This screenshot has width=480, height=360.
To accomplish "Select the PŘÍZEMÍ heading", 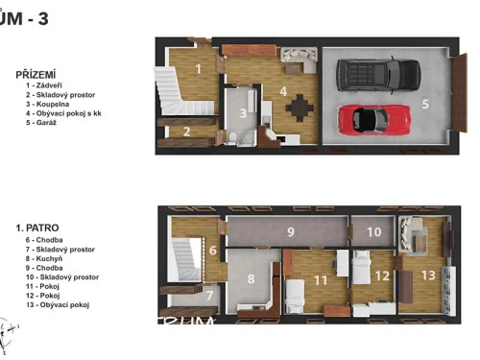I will pos(36,73).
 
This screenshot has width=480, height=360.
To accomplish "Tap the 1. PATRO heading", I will pos(37,228).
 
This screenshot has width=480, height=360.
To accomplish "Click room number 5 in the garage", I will pos(424,103).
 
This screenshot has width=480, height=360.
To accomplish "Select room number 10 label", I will pos(373,231).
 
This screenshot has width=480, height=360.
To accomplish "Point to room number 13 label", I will pos(427,276).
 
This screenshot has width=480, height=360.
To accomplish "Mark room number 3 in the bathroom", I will pos(244,113).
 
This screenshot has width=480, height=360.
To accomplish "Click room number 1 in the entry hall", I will pos(197,68).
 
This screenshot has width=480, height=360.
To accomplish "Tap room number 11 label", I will pos(321,279).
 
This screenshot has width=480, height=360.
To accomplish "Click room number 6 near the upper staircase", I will pos(213,251).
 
